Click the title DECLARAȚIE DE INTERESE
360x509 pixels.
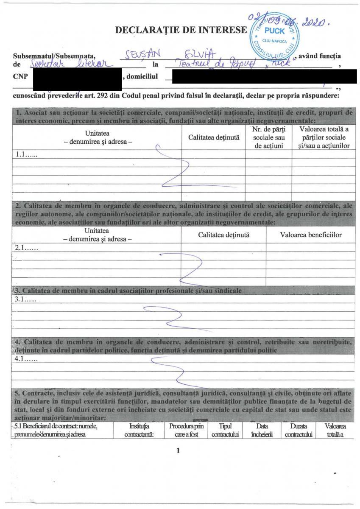click(x=180, y=30)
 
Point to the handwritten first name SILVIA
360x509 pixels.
click(x=198, y=54)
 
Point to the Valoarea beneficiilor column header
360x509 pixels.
click(x=310, y=235)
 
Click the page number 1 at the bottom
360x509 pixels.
click(x=179, y=450)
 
